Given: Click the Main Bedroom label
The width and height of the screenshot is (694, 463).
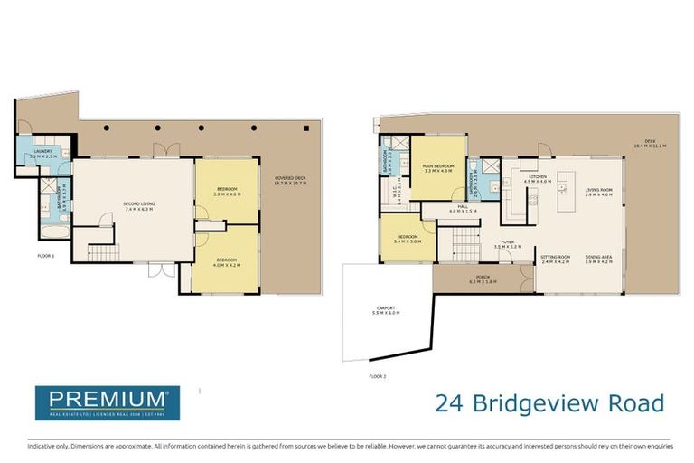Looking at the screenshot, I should tap(437, 168).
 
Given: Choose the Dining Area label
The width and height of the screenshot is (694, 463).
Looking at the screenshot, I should tap(598, 259).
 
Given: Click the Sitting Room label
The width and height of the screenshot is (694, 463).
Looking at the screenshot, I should tap(556, 259).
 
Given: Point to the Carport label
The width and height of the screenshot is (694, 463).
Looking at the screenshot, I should tap(386, 310).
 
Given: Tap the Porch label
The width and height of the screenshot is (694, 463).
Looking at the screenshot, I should tap(483, 279).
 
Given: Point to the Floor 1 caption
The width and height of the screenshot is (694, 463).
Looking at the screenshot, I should tap(47, 257).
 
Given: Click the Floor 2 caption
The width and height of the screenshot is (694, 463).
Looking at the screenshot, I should tap(377, 374).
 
